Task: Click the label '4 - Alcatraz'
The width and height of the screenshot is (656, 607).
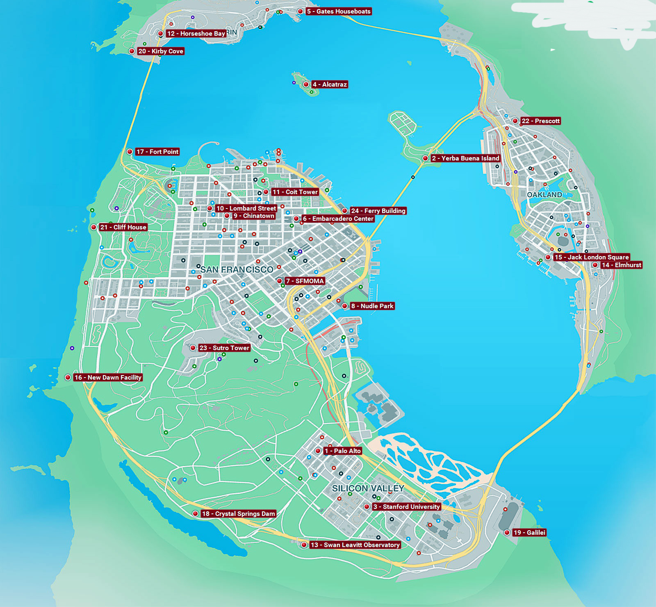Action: pyautogui.click(x=330, y=85)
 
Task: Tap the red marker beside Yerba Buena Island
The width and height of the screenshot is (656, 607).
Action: pyautogui.click(x=426, y=158)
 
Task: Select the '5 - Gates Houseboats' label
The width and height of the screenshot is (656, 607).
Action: pyautogui.click(x=339, y=11)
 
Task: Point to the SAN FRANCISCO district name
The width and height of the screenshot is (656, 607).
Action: pyautogui.click(x=237, y=270)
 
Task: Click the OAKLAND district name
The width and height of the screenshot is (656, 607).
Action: pyautogui.click(x=544, y=195)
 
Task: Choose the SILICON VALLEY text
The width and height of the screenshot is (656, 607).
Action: pyautogui.click(x=368, y=488)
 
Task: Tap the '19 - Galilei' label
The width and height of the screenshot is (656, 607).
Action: pyautogui.click(x=529, y=533)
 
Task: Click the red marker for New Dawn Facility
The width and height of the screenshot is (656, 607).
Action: pyautogui.click(x=68, y=378)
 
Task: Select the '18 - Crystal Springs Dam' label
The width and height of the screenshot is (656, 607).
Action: pyautogui.click(x=238, y=514)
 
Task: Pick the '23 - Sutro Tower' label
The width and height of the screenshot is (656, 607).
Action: pyautogui.click(x=224, y=348)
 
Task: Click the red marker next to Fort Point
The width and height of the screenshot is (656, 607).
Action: pyautogui.click(x=130, y=152)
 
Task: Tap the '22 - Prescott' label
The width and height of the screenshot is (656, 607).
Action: pyautogui.click(x=540, y=121)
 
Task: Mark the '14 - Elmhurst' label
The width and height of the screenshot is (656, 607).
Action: pyautogui.click(x=621, y=265)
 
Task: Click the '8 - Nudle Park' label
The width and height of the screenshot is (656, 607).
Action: pyautogui.click(x=372, y=306)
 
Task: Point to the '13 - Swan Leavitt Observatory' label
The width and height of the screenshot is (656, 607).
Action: pyautogui.click(x=355, y=545)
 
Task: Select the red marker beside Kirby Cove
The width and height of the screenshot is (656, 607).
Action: pyautogui.click(x=132, y=51)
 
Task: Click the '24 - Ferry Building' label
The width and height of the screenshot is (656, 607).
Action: pyautogui.click(x=378, y=211)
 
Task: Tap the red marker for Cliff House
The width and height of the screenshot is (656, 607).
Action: pyautogui.click(x=94, y=227)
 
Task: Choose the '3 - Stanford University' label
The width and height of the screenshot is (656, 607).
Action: pyautogui.click(x=406, y=507)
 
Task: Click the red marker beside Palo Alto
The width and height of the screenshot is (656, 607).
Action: pyautogui.click(x=318, y=451)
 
